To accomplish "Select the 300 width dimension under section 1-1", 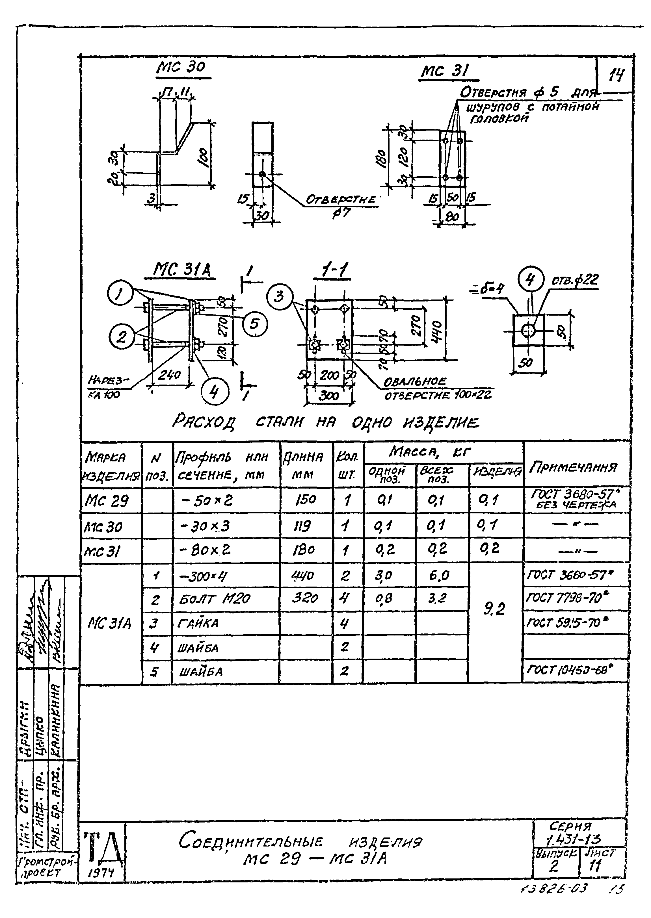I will (329, 396).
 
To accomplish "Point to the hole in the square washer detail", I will (528, 331).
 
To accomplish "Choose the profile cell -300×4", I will (204, 576).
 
